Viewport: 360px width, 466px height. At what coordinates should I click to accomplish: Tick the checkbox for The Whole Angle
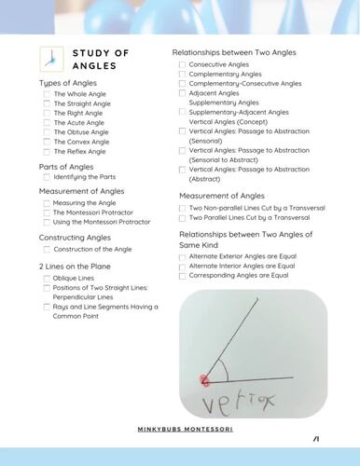(47, 95)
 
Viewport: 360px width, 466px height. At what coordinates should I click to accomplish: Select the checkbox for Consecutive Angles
(182, 64)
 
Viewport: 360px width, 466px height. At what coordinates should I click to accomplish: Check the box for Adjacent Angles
(182, 94)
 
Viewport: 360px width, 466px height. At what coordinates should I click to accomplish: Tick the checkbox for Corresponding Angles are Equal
(182, 276)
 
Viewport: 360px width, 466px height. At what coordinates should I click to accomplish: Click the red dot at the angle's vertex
(204, 379)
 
